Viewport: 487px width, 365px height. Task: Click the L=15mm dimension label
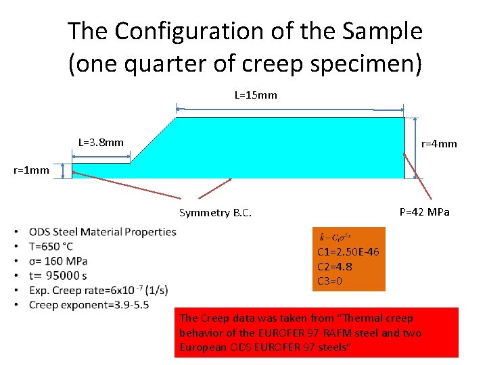(255, 95)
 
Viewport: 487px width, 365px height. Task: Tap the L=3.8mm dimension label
(101, 143)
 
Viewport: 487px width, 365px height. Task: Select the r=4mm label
(439, 144)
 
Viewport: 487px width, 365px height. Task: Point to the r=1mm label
(31, 170)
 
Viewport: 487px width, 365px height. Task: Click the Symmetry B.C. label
(215, 213)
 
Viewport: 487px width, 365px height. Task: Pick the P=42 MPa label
(424, 212)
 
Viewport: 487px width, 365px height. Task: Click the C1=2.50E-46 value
(348, 252)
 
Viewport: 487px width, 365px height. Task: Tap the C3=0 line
(330, 281)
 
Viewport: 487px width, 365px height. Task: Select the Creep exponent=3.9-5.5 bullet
(89, 305)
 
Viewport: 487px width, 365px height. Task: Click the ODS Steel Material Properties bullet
(102, 232)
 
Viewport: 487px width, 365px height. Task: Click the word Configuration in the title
(177, 31)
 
